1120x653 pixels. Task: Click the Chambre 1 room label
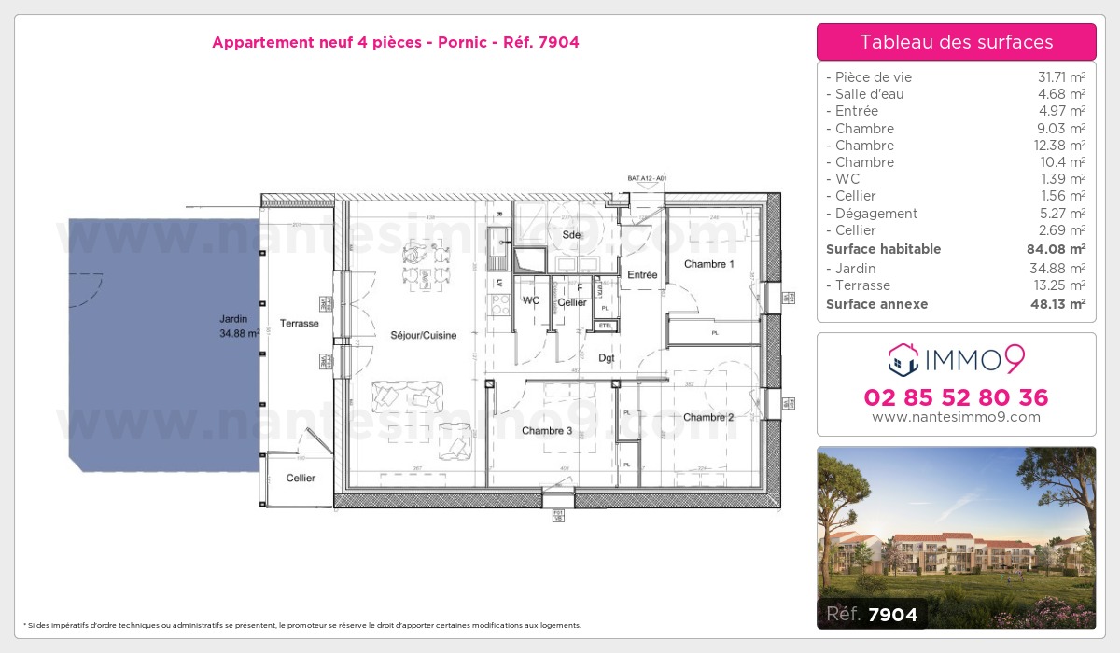click(708, 264)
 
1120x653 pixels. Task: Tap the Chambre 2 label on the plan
click(708, 417)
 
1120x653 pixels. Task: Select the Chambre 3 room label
click(547, 430)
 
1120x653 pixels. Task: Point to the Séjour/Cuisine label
click(423, 335)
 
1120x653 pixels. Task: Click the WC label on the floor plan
click(530, 300)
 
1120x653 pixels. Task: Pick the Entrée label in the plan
click(642, 275)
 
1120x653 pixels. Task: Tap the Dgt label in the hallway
click(607, 358)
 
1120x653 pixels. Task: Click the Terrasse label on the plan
click(299, 324)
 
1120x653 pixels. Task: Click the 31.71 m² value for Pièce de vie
click(1061, 77)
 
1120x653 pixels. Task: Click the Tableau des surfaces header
click(956, 42)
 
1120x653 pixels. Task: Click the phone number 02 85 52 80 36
click(956, 397)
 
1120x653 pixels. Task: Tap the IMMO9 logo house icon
click(903, 359)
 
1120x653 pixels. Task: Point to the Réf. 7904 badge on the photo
click(872, 614)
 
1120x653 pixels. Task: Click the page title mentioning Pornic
click(396, 42)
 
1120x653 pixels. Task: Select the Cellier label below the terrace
click(301, 478)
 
